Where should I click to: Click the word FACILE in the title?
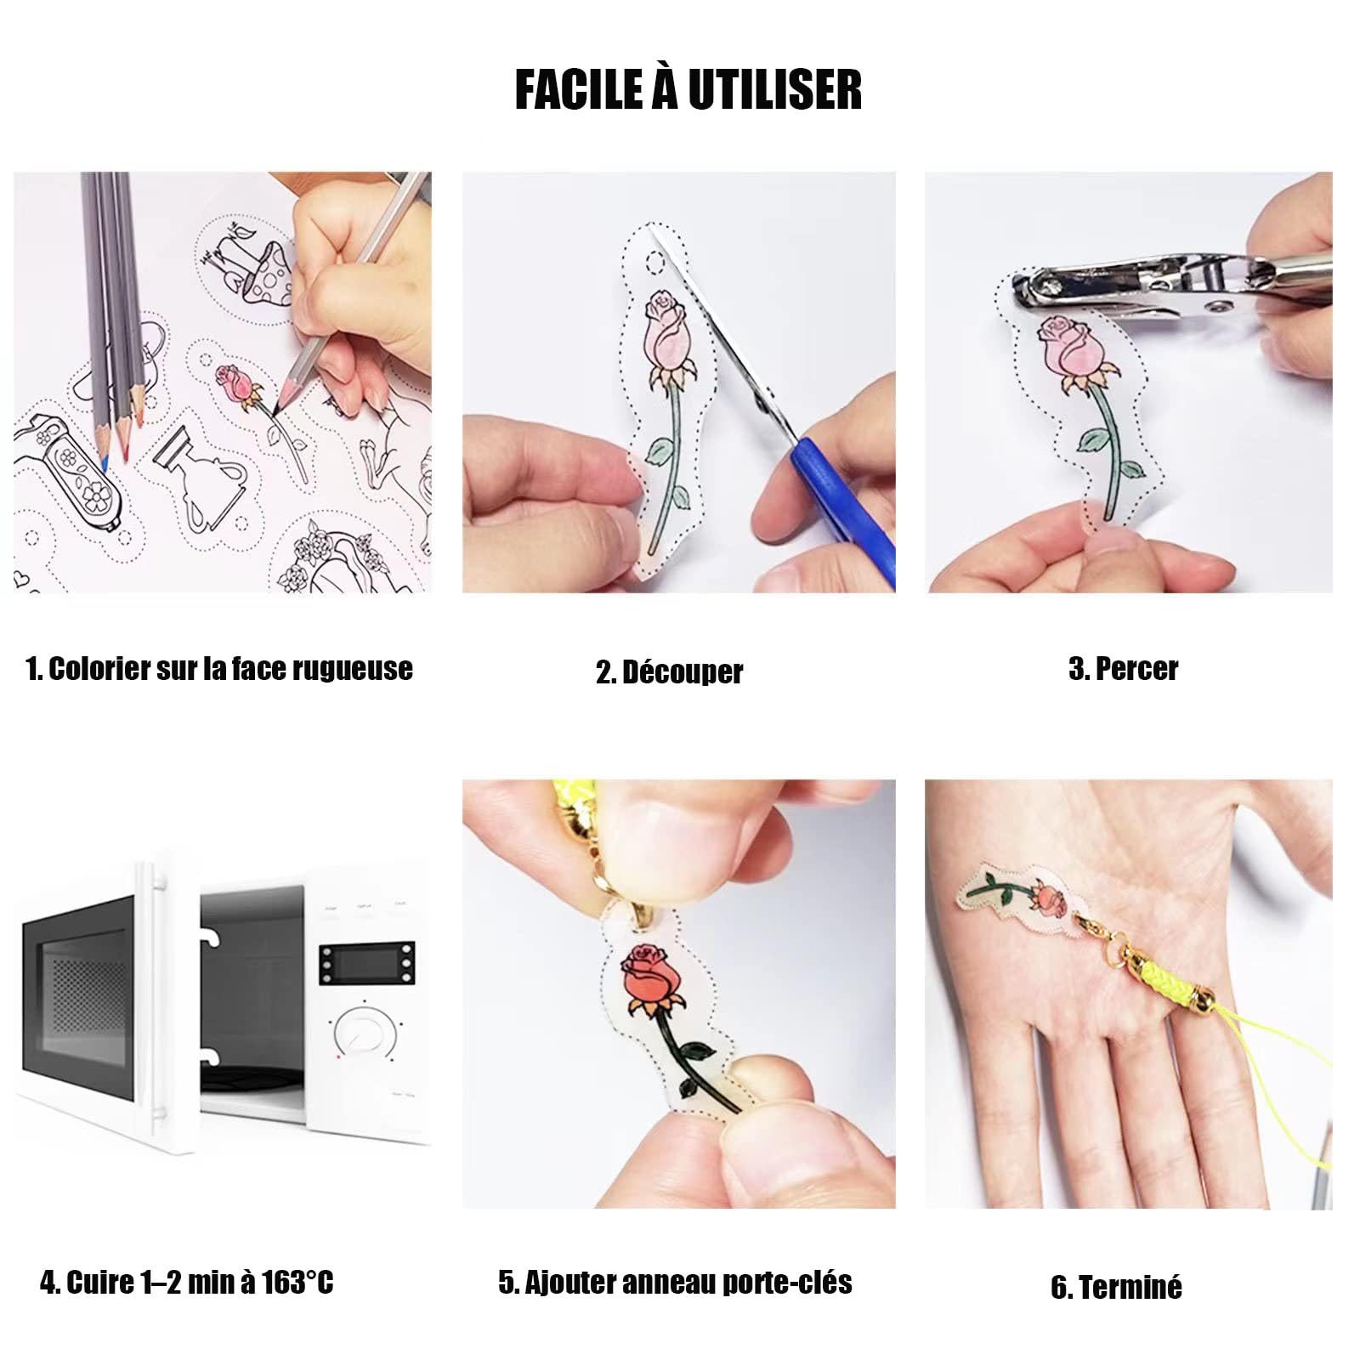point(579,91)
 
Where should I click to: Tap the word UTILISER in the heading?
point(775,91)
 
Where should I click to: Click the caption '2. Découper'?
point(669,672)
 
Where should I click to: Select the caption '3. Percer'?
point(1123,669)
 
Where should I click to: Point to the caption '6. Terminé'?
point(1116,1287)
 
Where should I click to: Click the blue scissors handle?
point(841,510)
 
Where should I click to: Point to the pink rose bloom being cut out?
point(666,327)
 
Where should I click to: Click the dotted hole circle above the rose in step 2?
point(654,264)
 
